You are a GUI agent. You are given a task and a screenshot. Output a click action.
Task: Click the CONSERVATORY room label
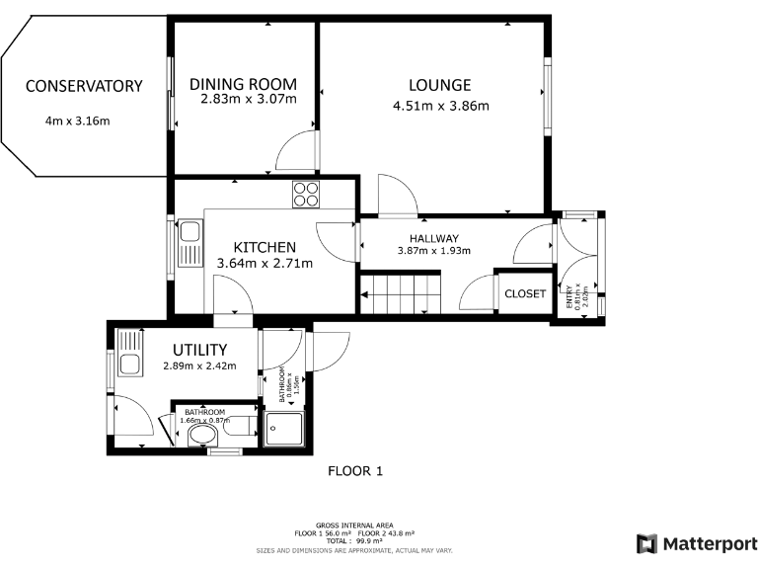84,87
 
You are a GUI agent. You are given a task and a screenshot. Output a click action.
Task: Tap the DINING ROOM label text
243,84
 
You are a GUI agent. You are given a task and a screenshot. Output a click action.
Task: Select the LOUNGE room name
440,85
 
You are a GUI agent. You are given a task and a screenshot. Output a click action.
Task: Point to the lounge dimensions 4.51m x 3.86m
440,106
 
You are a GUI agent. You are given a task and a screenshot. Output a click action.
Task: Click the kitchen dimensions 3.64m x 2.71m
265,264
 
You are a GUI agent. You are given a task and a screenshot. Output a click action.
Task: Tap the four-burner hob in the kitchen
306,194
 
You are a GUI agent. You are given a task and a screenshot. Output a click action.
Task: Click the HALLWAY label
434,238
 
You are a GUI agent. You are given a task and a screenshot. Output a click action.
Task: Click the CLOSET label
524,293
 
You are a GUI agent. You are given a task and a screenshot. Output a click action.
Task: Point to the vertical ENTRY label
568,297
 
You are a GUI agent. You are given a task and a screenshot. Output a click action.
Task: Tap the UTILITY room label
200,350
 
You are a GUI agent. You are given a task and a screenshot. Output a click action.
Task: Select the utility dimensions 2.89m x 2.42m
200,366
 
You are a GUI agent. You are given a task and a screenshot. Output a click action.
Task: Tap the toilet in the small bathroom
202,435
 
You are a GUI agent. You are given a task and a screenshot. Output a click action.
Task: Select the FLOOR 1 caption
354,471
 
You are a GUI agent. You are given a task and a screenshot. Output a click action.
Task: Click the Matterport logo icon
646,543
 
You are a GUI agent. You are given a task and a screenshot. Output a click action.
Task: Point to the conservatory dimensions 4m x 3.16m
77,122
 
